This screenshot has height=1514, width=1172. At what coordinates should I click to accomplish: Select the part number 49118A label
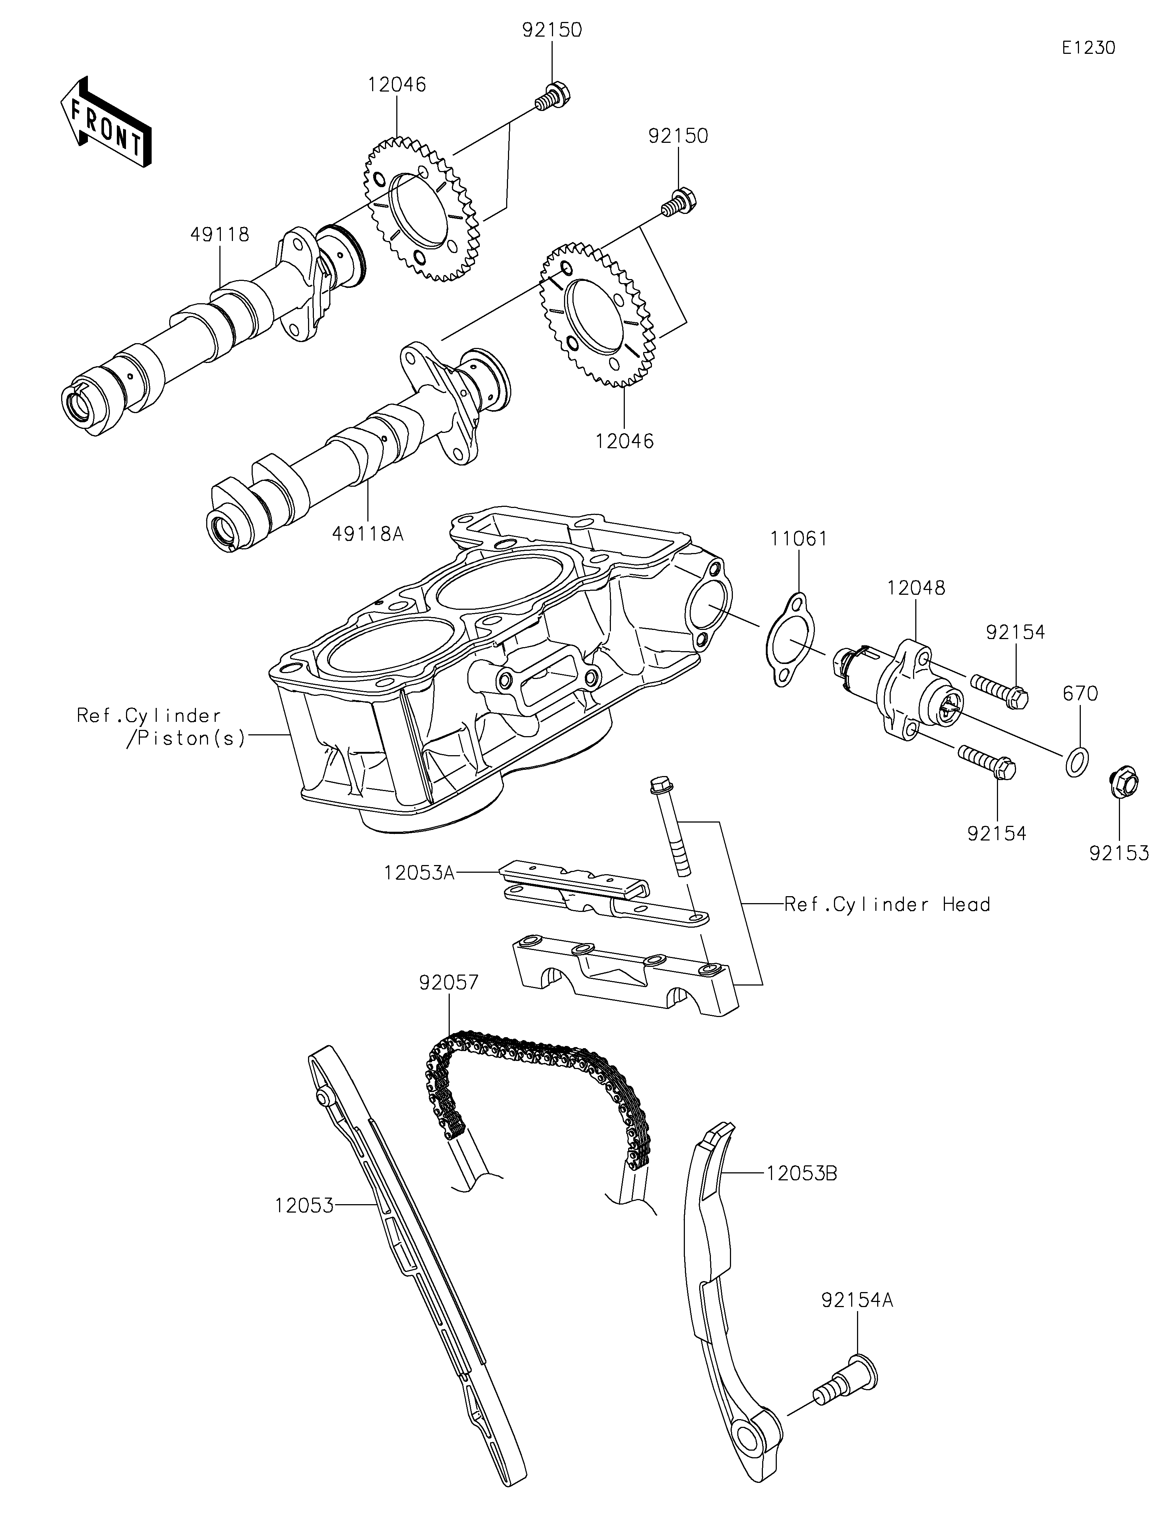click(367, 534)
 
